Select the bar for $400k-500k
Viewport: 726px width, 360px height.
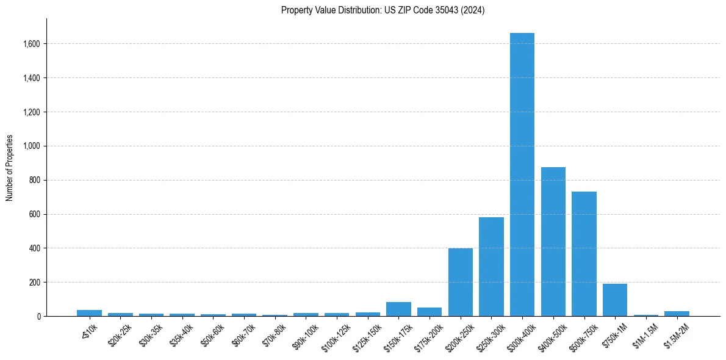(x=553, y=242)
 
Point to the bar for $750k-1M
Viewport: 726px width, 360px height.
(x=614, y=300)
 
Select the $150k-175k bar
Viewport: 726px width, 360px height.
(x=398, y=309)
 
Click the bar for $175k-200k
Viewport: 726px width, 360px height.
(x=429, y=312)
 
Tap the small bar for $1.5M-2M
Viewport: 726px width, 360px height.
(x=677, y=314)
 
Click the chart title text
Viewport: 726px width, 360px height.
(x=383, y=10)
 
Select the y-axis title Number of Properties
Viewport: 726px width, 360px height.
(x=10, y=167)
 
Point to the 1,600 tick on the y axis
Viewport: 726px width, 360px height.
(x=32, y=44)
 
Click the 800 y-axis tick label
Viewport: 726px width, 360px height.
(x=35, y=180)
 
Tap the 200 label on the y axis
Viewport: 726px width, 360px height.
(x=35, y=283)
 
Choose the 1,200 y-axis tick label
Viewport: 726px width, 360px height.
(x=32, y=112)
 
